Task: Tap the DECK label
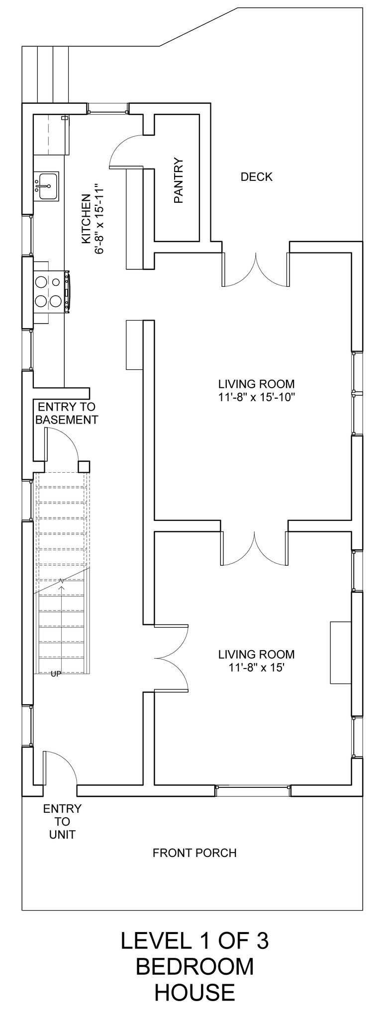(x=256, y=176)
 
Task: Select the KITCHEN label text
(x=86, y=219)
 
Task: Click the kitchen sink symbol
(x=46, y=186)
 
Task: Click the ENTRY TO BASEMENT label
(x=67, y=413)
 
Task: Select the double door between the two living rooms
(x=255, y=549)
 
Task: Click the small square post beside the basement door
(x=84, y=467)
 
